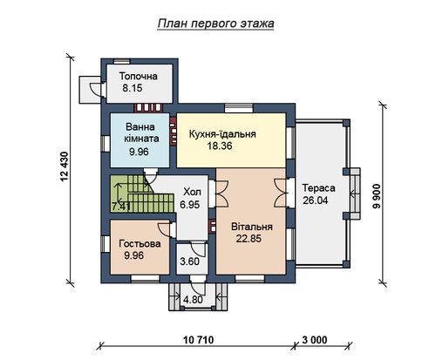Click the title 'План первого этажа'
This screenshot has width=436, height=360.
click(x=215, y=24)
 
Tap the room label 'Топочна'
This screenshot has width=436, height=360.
click(x=139, y=76)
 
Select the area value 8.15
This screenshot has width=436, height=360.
click(x=133, y=88)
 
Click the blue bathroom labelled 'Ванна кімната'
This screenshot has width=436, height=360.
click(x=140, y=140)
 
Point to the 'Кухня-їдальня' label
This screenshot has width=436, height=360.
click(x=222, y=134)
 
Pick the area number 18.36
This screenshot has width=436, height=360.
click(x=220, y=146)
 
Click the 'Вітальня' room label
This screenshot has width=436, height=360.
click(x=252, y=227)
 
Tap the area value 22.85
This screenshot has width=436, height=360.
click(x=249, y=239)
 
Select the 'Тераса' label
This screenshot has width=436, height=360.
click(x=318, y=188)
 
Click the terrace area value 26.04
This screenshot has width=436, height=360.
click(x=316, y=200)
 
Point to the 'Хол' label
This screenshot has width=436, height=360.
click(x=192, y=192)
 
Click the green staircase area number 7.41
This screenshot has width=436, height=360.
click(x=121, y=207)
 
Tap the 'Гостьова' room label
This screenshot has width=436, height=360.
click(x=140, y=243)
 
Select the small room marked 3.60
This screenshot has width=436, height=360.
click(x=189, y=262)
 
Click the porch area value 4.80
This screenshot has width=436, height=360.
click(x=193, y=300)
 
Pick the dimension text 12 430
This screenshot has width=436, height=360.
click(x=65, y=166)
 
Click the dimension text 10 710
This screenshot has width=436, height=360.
click(x=199, y=339)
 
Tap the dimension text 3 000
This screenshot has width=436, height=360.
click(x=315, y=339)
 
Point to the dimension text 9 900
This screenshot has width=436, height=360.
click(x=377, y=196)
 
